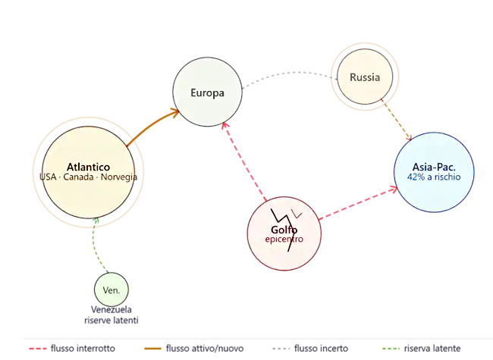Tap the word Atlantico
89,167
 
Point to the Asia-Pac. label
433,167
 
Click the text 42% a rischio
433,177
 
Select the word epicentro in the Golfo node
284,239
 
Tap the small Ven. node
111,290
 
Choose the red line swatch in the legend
36,347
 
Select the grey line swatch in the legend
282,347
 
